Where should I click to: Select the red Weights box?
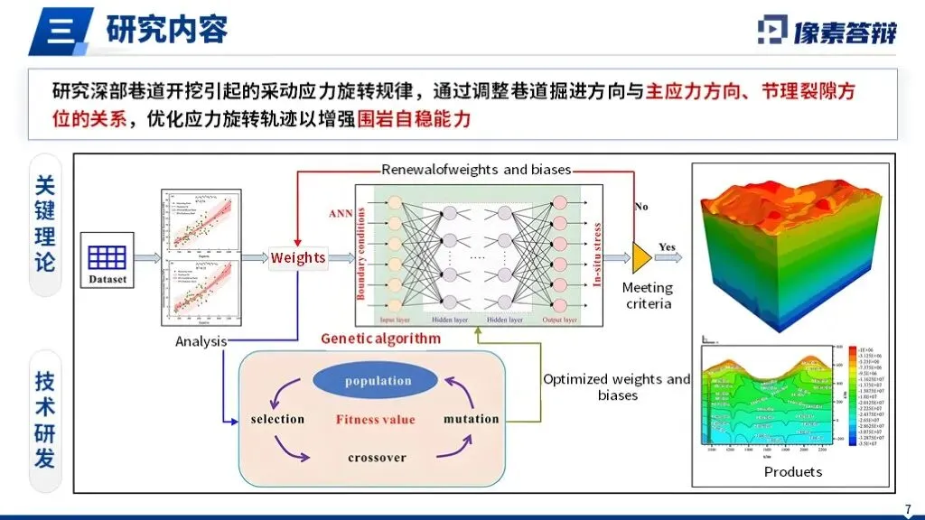click(298, 257)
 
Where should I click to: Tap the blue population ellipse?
click(378, 381)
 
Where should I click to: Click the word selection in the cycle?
click(277, 419)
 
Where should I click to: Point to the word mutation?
click(471, 419)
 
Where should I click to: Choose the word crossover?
click(378, 458)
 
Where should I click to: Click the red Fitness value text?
click(376, 419)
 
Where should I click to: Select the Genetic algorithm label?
click(381, 339)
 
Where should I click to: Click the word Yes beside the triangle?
click(667, 246)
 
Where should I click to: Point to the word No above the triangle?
click(641, 207)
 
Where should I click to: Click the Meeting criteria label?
click(649, 295)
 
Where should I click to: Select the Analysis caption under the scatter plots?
click(201, 341)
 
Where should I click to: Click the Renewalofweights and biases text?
click(478, 170)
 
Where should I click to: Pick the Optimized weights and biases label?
click(617, 386)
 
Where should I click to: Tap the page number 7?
click(908, 508)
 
